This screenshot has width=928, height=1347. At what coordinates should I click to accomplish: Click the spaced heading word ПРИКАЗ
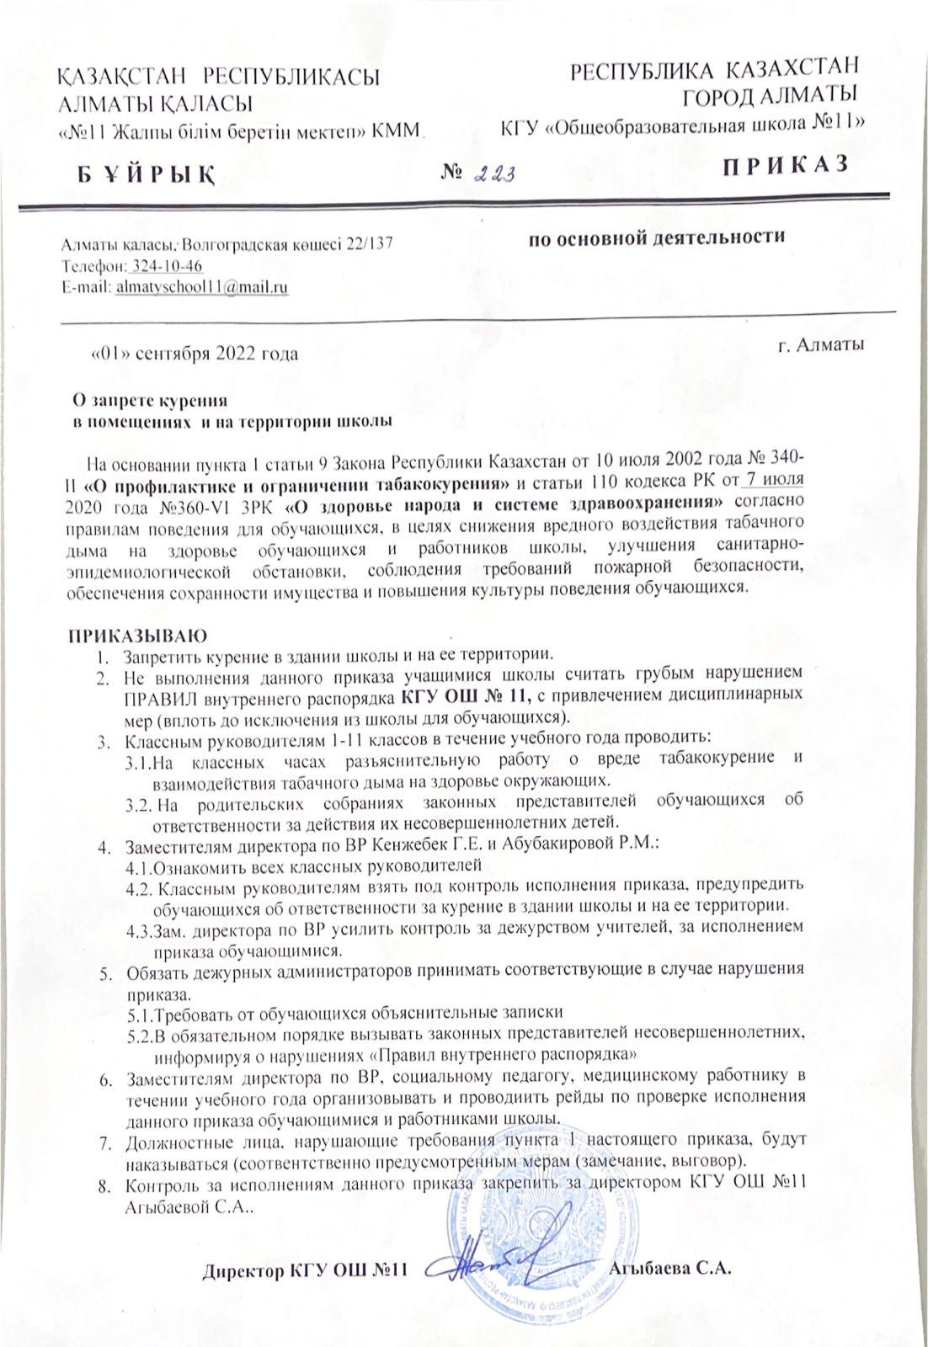pos(783,165)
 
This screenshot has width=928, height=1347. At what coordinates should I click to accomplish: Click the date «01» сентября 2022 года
pos(194,354)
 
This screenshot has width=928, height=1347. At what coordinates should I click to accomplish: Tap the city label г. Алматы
pos(820,343)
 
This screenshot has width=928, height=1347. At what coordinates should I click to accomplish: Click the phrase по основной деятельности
pos(656,237)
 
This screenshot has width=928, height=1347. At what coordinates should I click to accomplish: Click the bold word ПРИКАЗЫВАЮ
pos(133,634)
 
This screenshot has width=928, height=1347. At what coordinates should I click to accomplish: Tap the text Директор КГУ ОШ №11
pos(307,1270)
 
